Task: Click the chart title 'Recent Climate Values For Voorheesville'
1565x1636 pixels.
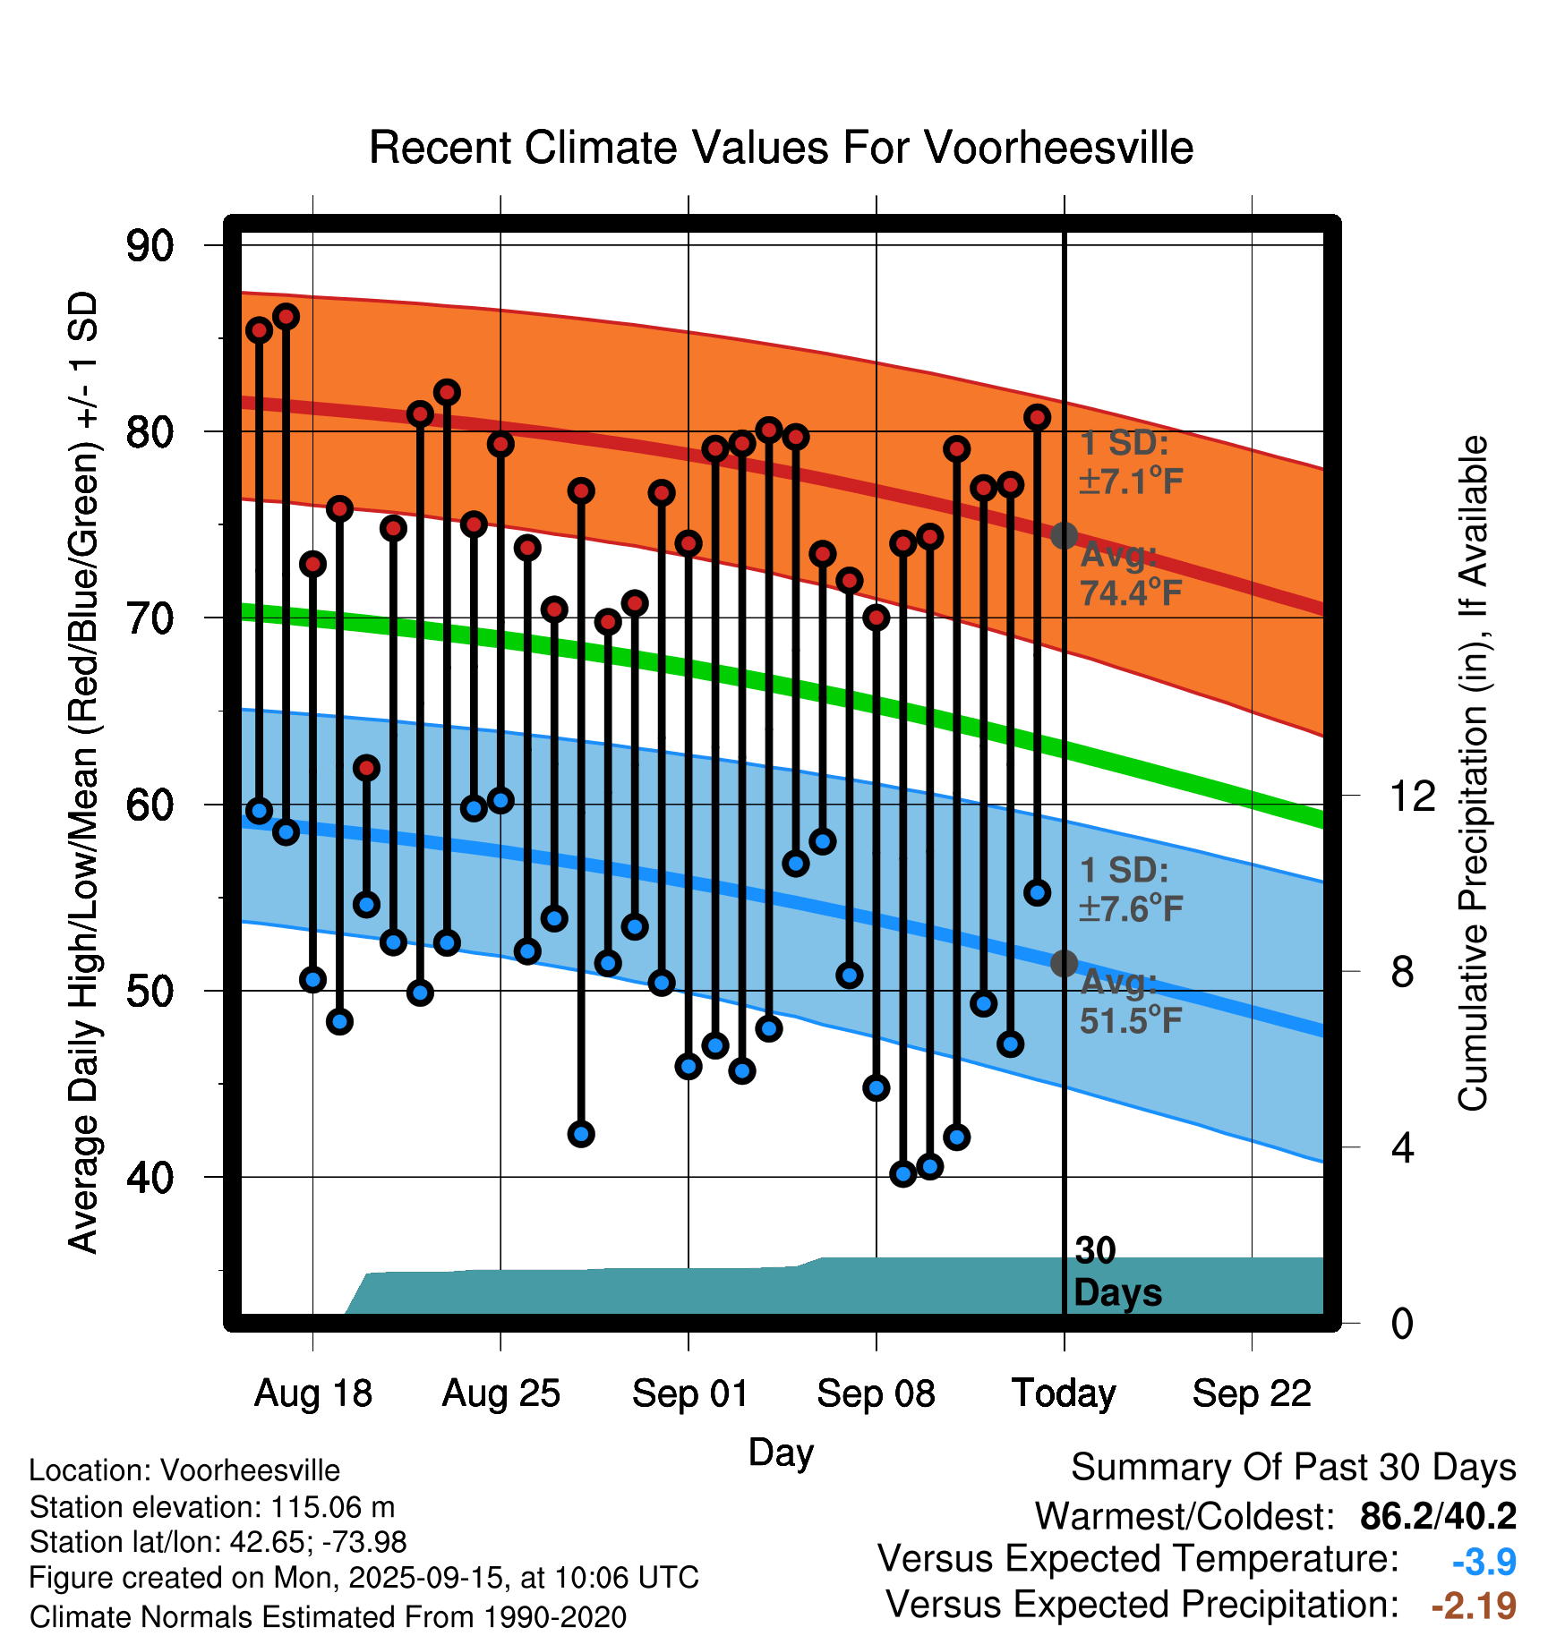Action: tap(781, 148)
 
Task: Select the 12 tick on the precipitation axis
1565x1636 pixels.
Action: tap(1412, 796)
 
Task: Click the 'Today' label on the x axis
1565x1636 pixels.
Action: tap(1064, 1393)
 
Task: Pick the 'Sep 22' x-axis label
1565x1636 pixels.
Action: tap(1252, 1393)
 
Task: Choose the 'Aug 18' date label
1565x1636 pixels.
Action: tap(313, 1393)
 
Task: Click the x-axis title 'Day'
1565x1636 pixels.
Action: tap(781, 1452)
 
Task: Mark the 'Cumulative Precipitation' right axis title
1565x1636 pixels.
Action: tap(1473, 774)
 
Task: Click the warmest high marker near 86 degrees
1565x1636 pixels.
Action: tap(286, 317)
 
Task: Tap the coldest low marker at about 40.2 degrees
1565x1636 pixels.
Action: tap(903, 1173)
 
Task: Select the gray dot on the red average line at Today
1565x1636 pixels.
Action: tap(1064, 536)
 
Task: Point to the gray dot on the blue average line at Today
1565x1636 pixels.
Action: tap(1064, 963)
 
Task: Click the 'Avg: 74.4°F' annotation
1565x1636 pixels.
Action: tap(1131, 574)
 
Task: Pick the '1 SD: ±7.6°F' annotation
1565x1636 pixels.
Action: tap(1131, 890)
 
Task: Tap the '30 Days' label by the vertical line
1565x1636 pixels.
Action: tap(1116, 1272)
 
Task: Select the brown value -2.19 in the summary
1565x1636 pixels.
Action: tap(1474, 1606)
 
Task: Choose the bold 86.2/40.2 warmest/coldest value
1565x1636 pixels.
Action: tap(1438, 1516)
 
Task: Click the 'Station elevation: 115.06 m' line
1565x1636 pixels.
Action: tap(212, 1507)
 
